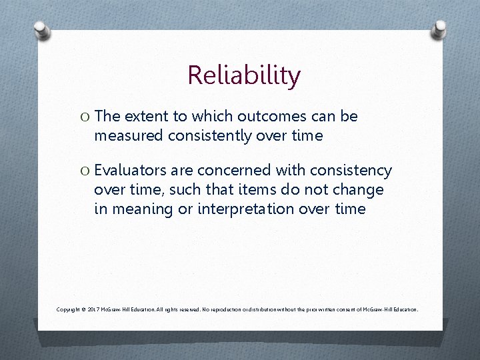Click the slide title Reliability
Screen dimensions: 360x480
pos(244,75)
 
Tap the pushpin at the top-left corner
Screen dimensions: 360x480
pos(42,29)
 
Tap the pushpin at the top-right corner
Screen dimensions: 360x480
pos(439,29)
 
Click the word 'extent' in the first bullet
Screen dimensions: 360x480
pos(147,117)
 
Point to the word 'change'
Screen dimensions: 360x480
pos(361,190)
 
